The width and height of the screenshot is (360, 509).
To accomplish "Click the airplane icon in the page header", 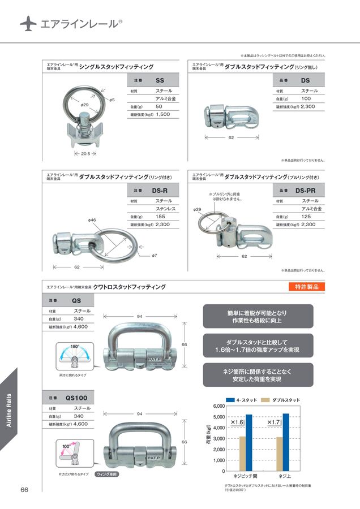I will (28, 23).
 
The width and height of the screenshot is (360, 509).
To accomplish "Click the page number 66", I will (25, 489).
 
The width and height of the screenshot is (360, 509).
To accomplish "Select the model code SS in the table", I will (160, 80).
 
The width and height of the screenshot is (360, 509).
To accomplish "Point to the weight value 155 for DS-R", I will (161, 217).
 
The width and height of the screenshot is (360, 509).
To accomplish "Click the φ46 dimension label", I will (92, 219).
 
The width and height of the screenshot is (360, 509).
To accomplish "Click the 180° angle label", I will (75, 346).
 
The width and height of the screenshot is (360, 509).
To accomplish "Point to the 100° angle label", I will (66, 447).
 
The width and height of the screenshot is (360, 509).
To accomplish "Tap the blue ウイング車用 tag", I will (106, 474).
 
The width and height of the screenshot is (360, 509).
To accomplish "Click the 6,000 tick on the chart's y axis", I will (218, 407).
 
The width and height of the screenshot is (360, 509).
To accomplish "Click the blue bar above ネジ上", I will (286, 442).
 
